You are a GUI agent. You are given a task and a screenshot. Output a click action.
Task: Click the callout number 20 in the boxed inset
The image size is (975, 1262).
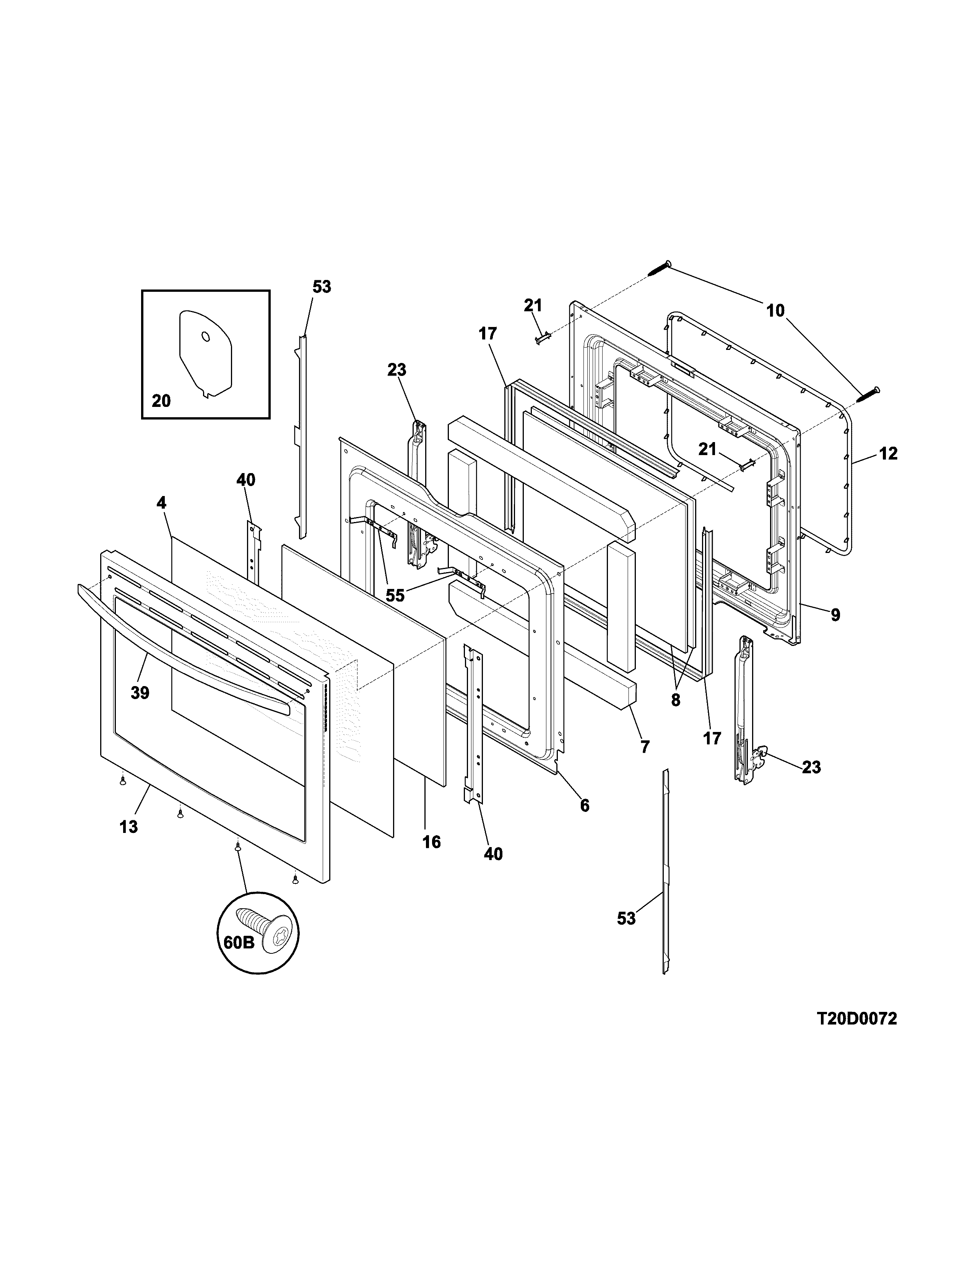(161, 400)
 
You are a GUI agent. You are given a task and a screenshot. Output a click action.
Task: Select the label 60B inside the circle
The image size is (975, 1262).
(239, 942)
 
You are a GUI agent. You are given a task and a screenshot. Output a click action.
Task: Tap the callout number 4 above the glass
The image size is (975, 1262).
(161, 503)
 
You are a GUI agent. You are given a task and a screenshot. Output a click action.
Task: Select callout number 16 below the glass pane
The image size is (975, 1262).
(431, 842)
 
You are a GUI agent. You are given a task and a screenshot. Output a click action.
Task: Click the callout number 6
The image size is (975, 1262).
(585, 805)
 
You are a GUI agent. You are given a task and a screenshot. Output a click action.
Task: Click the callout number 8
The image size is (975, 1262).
(675, 700)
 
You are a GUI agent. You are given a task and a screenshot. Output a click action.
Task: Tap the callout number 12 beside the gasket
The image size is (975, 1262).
(888, 454)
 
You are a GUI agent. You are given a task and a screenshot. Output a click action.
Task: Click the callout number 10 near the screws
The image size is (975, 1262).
(775, 311)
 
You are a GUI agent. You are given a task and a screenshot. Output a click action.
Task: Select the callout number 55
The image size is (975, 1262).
(395, 595)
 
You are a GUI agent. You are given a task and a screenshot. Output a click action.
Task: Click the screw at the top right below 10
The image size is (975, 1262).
(868, 394)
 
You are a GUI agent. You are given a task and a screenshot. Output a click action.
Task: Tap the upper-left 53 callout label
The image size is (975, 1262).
(322, 286)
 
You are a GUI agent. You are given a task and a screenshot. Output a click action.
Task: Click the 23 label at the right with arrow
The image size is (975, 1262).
(811, 768)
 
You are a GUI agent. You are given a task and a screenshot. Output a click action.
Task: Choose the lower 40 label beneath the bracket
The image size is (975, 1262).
(493, 854)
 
